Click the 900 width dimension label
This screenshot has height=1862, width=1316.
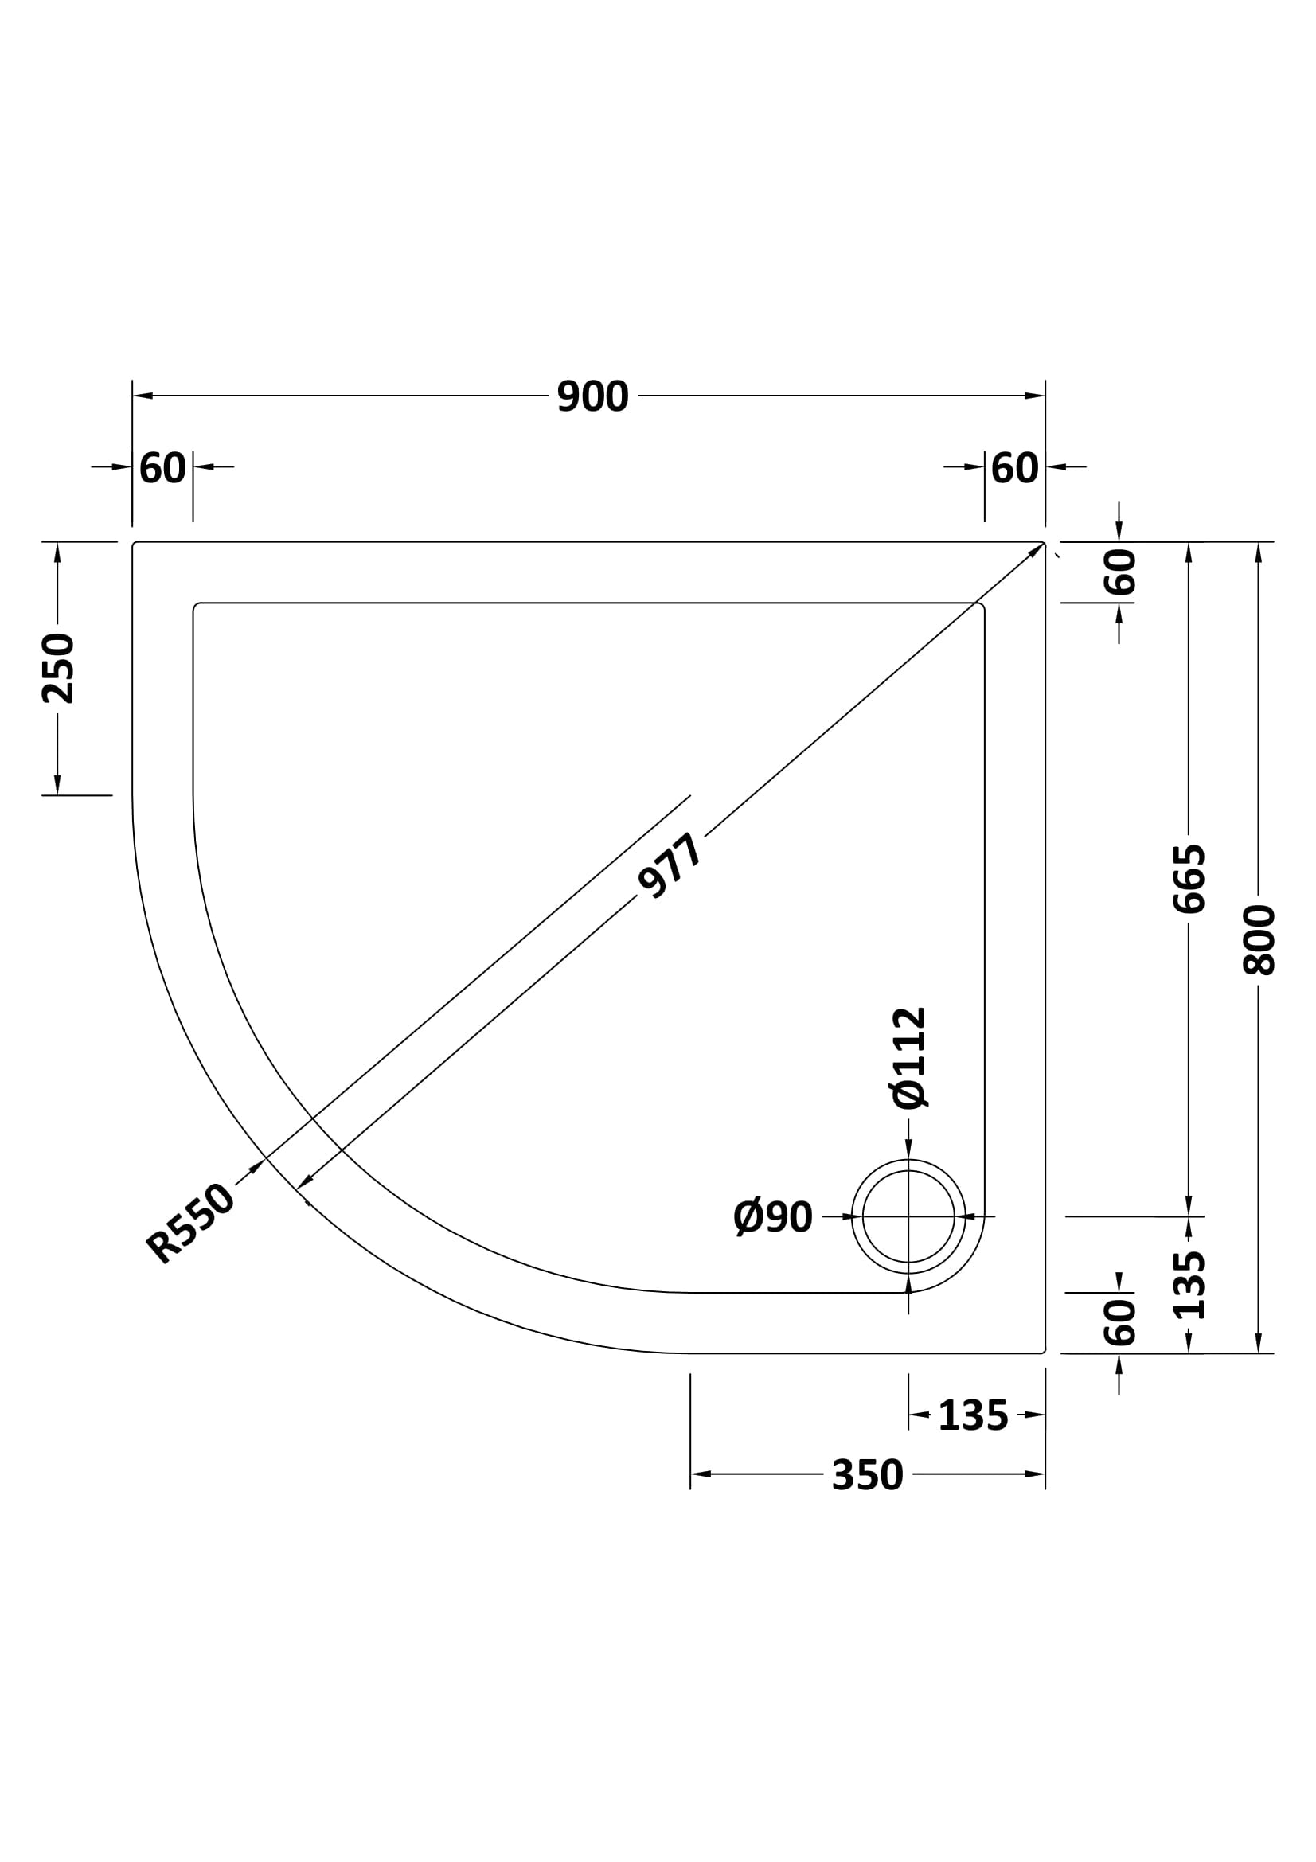pos(593,396)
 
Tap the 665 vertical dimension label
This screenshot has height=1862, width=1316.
pos(1189,879)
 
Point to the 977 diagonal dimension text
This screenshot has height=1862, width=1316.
pos(670,867)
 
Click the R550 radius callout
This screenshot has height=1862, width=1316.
pos(189,1224)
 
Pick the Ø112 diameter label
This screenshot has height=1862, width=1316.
pos(909,1057)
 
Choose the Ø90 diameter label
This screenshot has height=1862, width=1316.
pos(773,1217)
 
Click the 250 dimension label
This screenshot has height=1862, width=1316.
pos(58,668)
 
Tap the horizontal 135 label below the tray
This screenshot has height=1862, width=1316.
pos(972,1416)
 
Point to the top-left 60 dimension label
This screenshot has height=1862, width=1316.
pos(162,468)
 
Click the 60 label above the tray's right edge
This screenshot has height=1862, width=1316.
pos(1014,468)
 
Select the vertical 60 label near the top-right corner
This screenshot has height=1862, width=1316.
pos(1120,572)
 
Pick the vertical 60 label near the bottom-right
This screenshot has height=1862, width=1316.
pos(1120,1322)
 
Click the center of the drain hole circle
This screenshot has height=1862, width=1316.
pos(908,1216)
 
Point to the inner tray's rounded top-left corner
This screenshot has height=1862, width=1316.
pos(197,607)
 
